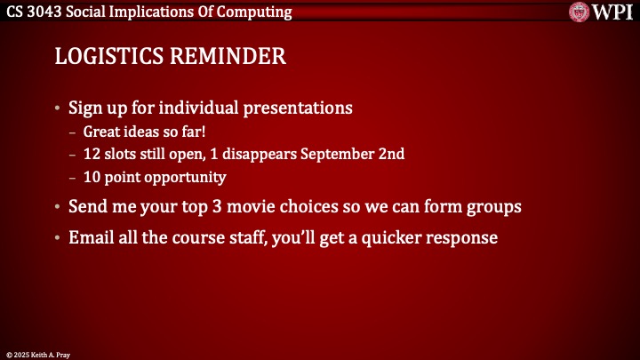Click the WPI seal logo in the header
[x=580, y=12]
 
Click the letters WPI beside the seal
[x=612, y=12]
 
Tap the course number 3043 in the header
[x=58, y=12]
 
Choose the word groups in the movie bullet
[x=494, y=206]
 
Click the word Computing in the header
[x=253, y=12]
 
